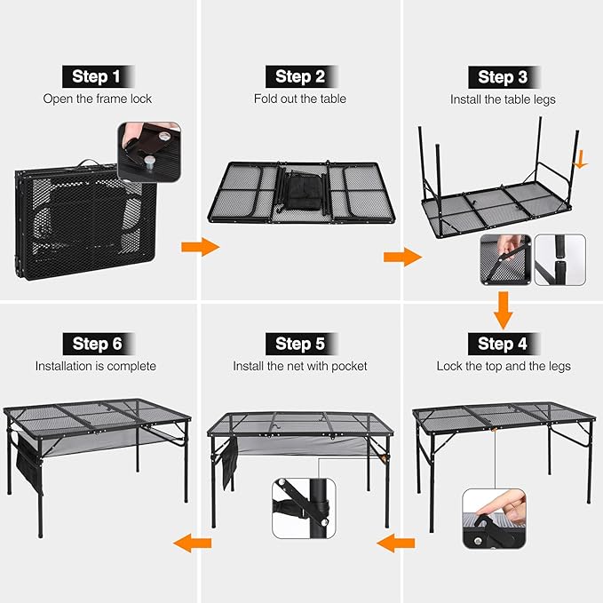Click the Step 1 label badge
click(x=97, y=76)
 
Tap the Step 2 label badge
click(x=300, y=76)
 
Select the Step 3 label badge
click(x=503, y=77)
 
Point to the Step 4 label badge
click(x=503, y=344)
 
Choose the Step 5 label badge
click(x=300, y=344)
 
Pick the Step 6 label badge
click(x=97, y=344)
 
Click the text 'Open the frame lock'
click(x=97, y=99)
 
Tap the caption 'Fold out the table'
click(x=300, y=99)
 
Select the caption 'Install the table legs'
click(x=503, y=99)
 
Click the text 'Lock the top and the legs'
click(x=503, y=366)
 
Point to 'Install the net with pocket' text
click(x=300, y=366)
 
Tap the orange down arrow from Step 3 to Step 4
click(x=503, y=310)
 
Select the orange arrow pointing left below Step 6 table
click(x=192, y=542)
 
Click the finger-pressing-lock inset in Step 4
click(x=493, y=518)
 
